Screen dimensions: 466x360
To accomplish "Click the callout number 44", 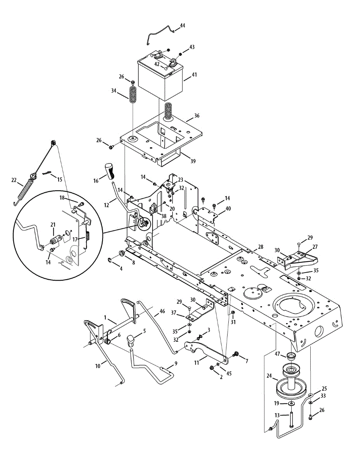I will coord(183,26).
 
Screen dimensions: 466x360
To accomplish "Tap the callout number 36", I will coord(197,116).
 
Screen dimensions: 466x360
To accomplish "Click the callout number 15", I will coord(59,179).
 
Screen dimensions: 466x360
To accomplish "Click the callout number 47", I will coord(278,354).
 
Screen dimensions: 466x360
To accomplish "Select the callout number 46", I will coord(162,311).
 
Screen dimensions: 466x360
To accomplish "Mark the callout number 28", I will coord(260,247).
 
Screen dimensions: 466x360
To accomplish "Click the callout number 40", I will coord(228,208).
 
